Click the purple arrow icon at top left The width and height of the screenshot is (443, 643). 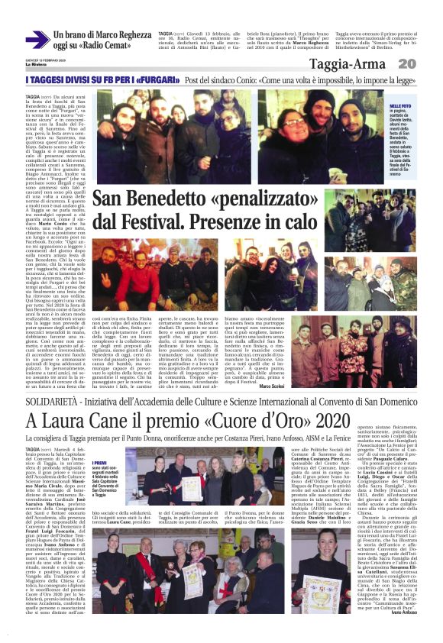(x=37, y=40)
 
